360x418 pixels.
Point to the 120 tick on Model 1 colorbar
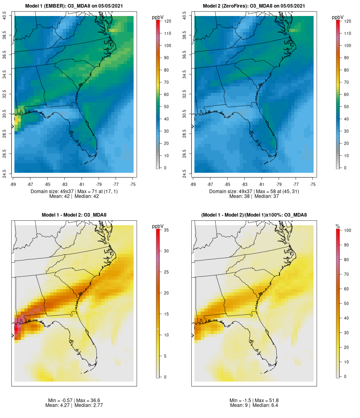pos(167,21)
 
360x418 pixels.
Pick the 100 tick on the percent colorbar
pos(347,230)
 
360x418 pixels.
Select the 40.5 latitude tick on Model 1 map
pos(4,16)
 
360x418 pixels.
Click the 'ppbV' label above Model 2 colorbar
pos(338,17)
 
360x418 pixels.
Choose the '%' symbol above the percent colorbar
pos(338,226)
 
